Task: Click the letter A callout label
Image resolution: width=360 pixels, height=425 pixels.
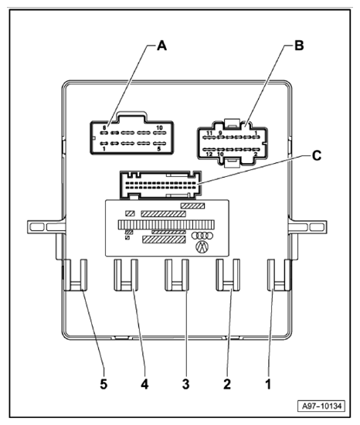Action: tap(161, 46)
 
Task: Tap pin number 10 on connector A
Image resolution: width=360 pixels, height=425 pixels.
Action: tap(158, 128)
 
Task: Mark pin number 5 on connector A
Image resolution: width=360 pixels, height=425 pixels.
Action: tap(159, 149)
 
